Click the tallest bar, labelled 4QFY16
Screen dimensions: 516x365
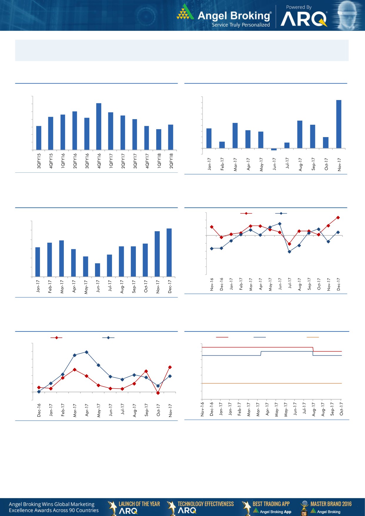coord(99,126)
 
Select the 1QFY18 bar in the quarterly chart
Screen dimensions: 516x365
coord(159,139)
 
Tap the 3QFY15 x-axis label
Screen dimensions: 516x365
coord(39,161)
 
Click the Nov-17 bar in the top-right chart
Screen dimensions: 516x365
coord(339,124)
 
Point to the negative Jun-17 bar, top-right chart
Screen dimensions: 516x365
coord(274,149)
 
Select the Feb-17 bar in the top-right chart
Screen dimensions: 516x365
coord(222,145)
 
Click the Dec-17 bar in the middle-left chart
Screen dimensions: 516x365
coord(169,252)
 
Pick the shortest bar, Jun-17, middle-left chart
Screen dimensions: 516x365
coord(97,270)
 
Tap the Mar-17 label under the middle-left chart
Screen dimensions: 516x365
coord(62,287)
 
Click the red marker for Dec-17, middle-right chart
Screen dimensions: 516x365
coord(338,218)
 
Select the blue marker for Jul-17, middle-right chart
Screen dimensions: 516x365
coord(289,252)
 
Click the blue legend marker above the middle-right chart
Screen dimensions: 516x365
coord(281,213)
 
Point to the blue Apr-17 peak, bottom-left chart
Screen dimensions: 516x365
coord(86,352)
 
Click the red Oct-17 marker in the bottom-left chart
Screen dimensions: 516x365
coord(158,393)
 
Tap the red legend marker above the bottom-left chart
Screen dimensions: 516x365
coord(56,338)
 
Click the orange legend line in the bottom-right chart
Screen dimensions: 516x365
coord(313,337)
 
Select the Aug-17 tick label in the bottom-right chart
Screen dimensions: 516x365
coord(314,409)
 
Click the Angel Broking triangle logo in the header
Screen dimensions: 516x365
coord(185,12)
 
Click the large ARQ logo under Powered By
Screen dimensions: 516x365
coord(304,19)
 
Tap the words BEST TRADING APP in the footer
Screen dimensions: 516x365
coord(271,504)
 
